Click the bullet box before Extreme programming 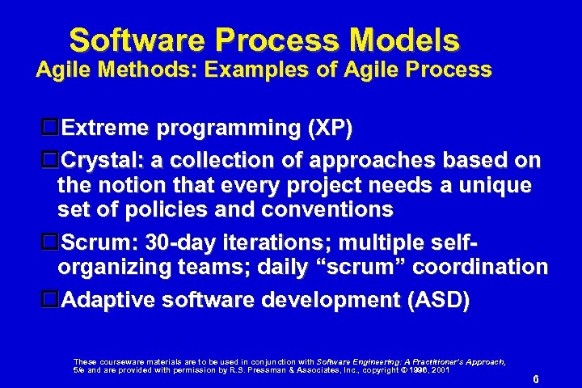coord(50,128)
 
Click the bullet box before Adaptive coord(50,300)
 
